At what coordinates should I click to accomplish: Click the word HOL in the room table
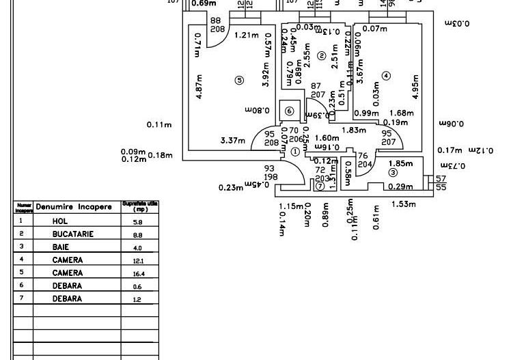click(x=60, y=221)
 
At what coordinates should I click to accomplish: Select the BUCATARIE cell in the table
click(x=73, y=234)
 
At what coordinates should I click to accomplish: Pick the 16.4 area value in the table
click(x=138, y=273)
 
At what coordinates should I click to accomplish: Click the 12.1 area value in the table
click(x=138, y=260)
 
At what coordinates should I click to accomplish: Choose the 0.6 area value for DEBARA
click(x=137, y=287)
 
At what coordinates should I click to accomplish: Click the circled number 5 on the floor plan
click(x=238, y=80)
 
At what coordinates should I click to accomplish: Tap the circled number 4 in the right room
click(x=386, y=76)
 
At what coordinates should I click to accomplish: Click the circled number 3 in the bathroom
click(x=393, y=173)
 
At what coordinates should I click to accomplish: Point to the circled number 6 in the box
click(x=289, y=111)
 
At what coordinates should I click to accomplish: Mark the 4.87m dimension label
click(x=199, y=87)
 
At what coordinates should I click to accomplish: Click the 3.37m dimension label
click(x=233, y=141)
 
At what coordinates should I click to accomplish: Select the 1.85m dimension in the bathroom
click(x=400, y=163)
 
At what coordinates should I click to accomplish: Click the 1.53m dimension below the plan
click(x=404, y=204)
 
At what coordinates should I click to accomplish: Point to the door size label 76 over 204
click(x=363, y=160)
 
